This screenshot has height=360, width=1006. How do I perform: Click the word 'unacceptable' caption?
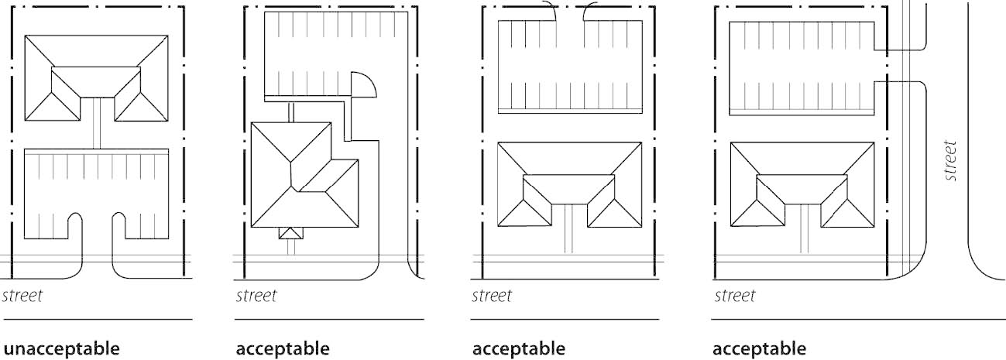pos(62,348)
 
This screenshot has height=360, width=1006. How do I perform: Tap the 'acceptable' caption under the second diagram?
pos(282,348)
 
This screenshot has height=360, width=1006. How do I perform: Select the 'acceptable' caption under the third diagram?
pos(519,348)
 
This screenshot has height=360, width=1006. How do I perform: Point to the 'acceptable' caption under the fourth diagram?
pos(759,348)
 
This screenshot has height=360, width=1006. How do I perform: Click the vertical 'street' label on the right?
pos(952,160)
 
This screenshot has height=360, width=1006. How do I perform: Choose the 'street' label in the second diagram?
pos(256,296)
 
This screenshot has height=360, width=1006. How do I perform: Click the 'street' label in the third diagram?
pos(492,296)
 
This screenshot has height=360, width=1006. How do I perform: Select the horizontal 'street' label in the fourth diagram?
pos(734,296)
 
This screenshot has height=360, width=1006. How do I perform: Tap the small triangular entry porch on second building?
pos(291,234)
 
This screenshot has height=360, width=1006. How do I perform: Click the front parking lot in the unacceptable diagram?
pos(96,194)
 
